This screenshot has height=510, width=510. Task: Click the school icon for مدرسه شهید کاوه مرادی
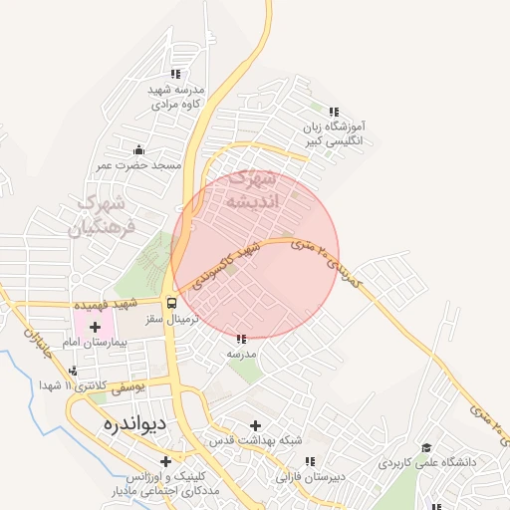point(176,73)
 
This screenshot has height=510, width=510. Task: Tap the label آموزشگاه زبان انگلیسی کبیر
point(336,134)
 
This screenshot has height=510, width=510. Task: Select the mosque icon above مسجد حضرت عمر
point(138,150)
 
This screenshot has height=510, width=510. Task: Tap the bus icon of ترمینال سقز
point(172,303)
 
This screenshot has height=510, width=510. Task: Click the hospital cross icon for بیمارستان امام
point(96,327)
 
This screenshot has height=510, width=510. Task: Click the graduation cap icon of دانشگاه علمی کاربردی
point(427,448)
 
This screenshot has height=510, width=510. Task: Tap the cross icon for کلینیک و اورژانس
point(165,461)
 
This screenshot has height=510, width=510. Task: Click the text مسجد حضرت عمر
point(140,164)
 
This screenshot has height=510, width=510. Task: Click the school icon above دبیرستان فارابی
point(310,462)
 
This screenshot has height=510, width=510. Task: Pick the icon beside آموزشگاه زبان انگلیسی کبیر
point(335,113)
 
